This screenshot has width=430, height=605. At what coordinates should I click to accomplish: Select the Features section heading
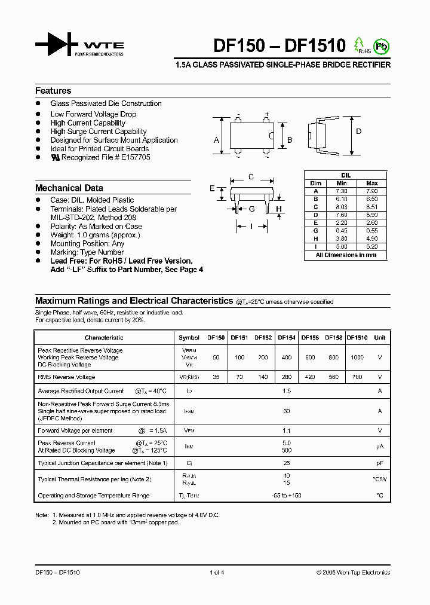pyautogui.click(x=53, y=91)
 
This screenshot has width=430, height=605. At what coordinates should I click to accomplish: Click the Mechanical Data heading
pyautogui.click(x=69, y=188)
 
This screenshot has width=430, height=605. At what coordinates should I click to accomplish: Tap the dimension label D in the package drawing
pyautogui.click(x=359, y=132)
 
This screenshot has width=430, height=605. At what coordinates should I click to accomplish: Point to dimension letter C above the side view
pyautogui.click(x=251, y=176)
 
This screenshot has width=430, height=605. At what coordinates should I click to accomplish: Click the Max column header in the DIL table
pyautogui.click(x=371, y=183)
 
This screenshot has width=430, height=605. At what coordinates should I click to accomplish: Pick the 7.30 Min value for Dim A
pyautogui.click(x=342, y=191)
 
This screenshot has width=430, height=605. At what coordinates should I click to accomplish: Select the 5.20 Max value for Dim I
pyautogui.click(x=371, y=246)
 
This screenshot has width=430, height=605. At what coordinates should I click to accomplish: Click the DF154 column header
pyautogui.click(x=287, y=338)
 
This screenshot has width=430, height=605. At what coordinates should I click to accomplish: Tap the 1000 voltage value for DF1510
pyautogui.click(x=357, y=357)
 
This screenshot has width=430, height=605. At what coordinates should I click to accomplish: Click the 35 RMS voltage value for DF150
pyautogui.click(x=216, y=377)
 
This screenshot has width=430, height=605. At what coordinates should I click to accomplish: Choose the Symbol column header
pyautogui.click(x=189, y=338)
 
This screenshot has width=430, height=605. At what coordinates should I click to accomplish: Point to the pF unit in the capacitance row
pyautogui.click(x=379, y=463)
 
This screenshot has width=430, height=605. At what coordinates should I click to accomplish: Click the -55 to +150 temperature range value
pyautogui.click(x=286, y=496)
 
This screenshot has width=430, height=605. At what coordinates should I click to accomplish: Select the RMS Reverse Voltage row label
pyautogui.click(x=66, y=377)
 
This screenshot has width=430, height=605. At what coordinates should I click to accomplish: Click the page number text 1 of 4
pyautogui.click(x=216, y=573)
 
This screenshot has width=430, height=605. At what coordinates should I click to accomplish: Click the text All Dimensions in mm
pyautogui.click(x=346, y=255)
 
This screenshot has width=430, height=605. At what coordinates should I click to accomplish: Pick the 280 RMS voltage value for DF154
pyautogui.click(x=287, y=377)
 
